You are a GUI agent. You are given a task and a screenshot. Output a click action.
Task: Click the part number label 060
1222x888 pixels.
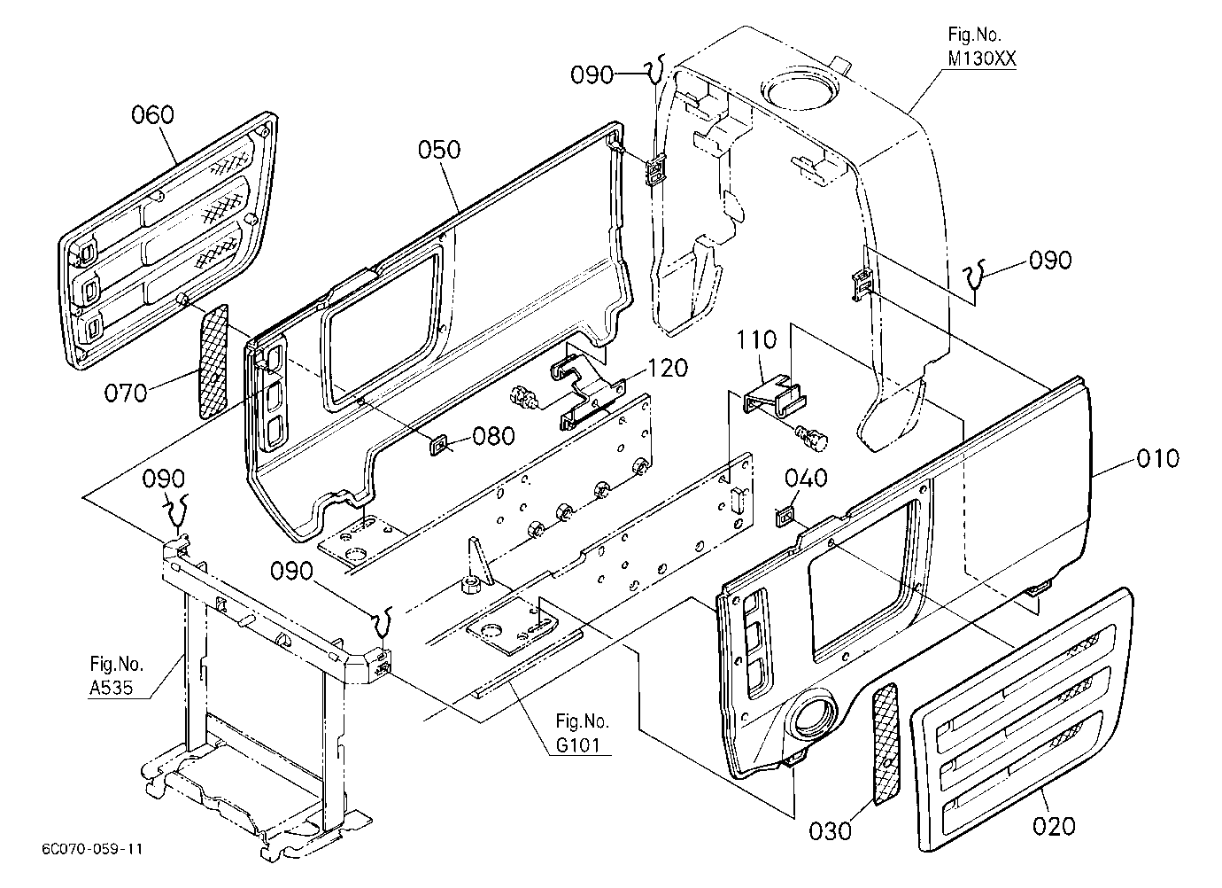[x=152, y=115]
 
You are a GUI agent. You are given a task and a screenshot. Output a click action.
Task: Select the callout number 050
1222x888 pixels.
[x=439, y=150]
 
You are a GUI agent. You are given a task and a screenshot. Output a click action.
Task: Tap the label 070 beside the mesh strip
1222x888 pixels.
[x=126, y=393]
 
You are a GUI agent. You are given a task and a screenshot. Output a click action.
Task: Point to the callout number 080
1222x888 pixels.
[x=493, y=436]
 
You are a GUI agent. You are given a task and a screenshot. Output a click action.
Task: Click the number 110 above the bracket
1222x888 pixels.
[x=756, y=340]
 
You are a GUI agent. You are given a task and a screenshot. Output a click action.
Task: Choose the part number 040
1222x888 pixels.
[x=806, y=479]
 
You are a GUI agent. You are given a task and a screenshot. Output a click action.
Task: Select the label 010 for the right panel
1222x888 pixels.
[x=1157, y=458]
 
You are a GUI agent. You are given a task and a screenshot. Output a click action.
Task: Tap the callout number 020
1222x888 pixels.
[x=1054, y=826]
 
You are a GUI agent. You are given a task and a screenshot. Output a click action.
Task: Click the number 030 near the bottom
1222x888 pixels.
[x=830, y=831]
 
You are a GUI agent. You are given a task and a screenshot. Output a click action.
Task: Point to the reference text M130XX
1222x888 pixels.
[x=982, y=58]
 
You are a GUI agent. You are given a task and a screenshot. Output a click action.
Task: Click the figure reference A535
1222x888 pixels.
[x=112, y=688]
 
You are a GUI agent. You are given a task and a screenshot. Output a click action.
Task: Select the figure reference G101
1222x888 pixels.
[x=577, y=745]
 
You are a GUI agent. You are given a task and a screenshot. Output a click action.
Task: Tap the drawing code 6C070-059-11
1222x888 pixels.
[x=92, y=849]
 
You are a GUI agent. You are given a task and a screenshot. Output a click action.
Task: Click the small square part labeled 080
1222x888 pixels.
[x=438, y=444]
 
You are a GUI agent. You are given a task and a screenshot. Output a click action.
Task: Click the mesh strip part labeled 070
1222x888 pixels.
[x=213, y=362]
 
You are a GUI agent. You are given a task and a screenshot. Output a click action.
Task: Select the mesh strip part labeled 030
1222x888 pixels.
[x=886, y=744]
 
